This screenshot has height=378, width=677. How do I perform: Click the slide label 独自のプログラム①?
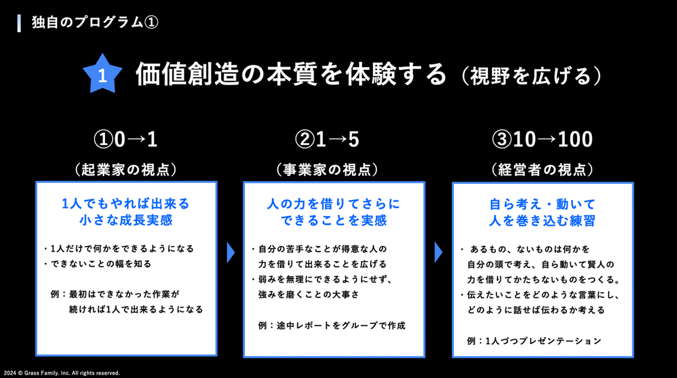coord(94,23)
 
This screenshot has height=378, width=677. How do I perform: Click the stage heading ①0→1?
coord(126,140)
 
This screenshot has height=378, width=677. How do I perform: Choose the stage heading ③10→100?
coord(542,140)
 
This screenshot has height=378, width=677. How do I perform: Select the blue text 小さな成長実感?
coord(126,220)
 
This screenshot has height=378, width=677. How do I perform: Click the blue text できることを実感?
coord(333,220)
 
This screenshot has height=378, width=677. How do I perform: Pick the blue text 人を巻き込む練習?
coord(542,220)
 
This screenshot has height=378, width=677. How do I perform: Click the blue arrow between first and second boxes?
coord(230,252)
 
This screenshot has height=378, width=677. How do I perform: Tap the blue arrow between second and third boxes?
coord(438,252)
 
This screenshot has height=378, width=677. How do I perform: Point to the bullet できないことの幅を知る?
coord(101,264)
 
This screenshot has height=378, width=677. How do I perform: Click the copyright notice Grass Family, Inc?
coord(61,373)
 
